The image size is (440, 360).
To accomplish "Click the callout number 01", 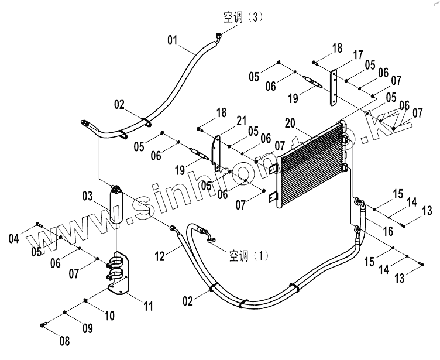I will coord(172,40).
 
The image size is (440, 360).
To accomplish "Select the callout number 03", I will coord(87,196).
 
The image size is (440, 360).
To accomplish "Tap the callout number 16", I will coord(387,232).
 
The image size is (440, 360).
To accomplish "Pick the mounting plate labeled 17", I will coord(334,88).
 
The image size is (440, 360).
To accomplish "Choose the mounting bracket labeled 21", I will coord(216,152).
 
